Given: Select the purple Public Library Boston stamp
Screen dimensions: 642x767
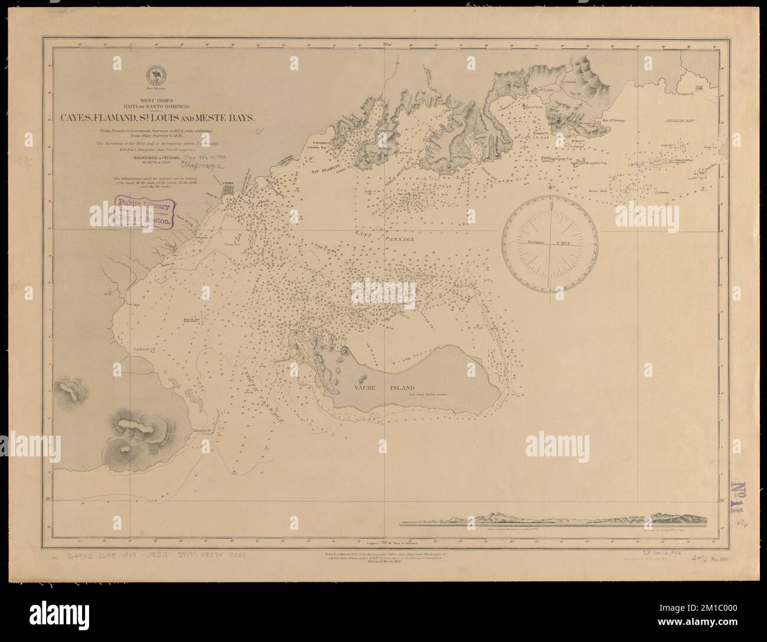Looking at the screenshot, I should point(142,212).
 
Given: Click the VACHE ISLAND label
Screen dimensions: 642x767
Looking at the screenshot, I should point(384,388).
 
